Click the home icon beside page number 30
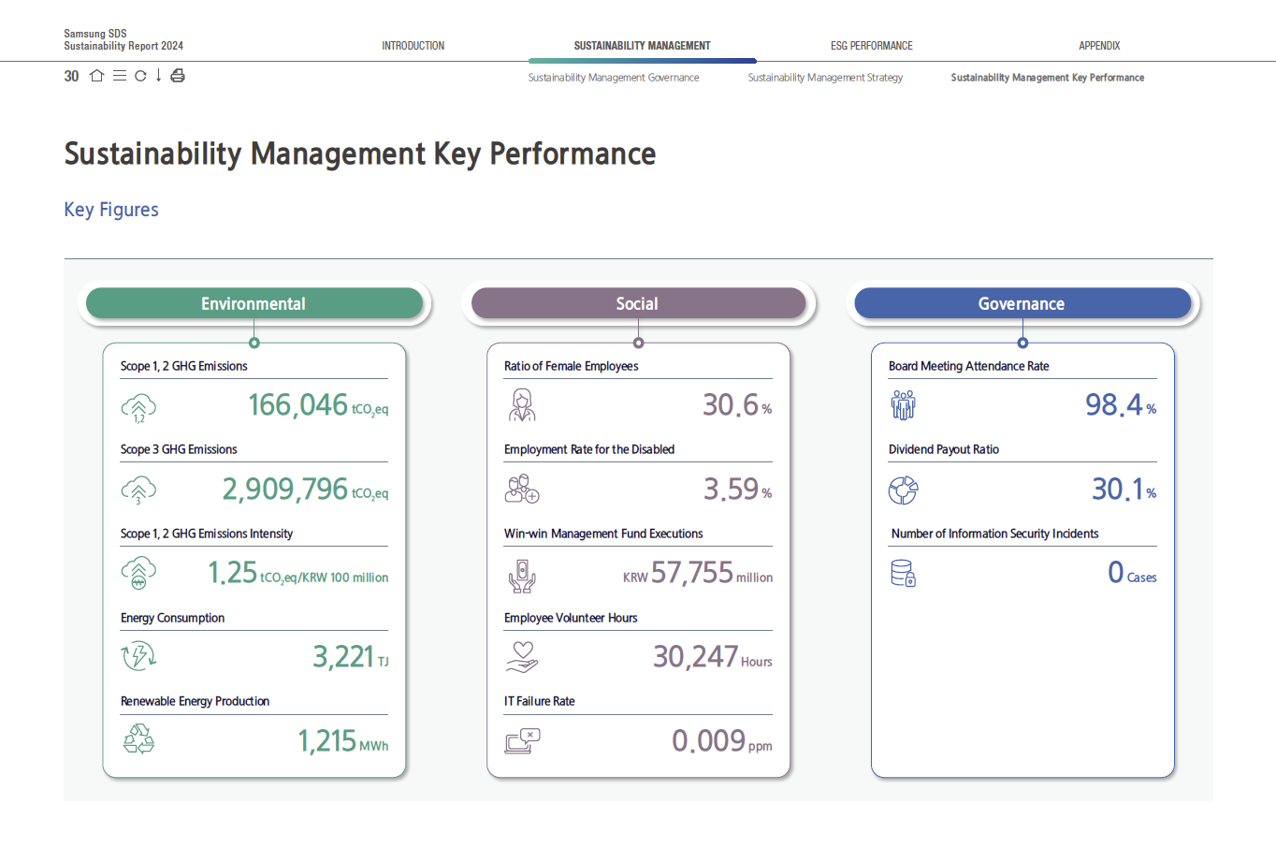coord(97,75)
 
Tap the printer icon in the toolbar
coord(178,75)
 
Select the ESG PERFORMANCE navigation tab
coord(871,46)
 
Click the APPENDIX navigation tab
coord(1099,46)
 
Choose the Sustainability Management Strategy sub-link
coord(825,78)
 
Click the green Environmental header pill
coord(254,303)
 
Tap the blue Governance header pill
coord(1022,303)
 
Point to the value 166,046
coord(297,404)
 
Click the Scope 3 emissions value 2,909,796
coord(284,490)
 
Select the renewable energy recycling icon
coord(138,739)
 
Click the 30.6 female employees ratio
coord(731,404)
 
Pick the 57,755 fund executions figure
coord(691,572)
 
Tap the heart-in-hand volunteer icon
coord(522,657)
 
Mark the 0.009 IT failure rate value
coord(709,740)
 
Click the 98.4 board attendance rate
coord(1113,404)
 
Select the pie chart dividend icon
coord(904,490)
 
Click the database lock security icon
coord(903,574)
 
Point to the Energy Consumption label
coord(172,618)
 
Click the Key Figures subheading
coord(111,210)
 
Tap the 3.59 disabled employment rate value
coord(731,490)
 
